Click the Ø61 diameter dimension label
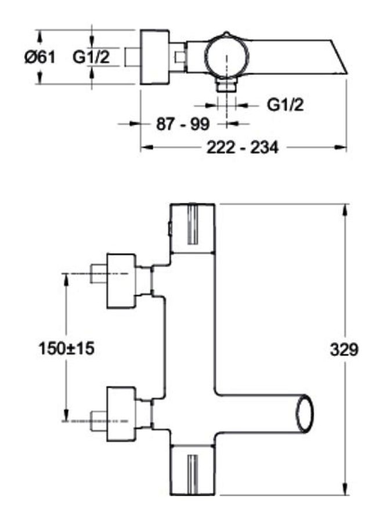39,57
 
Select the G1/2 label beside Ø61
91,57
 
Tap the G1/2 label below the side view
286,105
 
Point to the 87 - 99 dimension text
183,124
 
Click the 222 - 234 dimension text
243,147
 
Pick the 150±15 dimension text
66,349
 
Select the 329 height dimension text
344,350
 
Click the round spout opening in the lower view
305,414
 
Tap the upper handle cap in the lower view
192,229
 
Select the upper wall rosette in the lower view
121,281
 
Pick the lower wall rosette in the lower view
121,414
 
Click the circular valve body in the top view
226,57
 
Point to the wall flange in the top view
154,57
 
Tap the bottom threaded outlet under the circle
226,85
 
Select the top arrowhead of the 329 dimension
345,211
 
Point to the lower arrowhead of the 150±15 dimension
66,415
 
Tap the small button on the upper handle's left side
169,229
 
